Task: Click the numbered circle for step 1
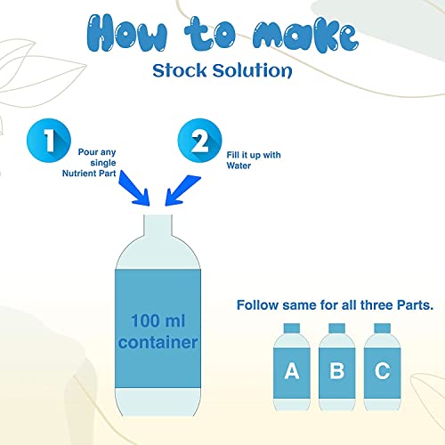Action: coord(49,141)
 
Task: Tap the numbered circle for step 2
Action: coord(199,141)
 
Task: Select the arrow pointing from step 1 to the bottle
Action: coord(134,188)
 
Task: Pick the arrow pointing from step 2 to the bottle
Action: coord(182,190)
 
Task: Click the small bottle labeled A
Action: coord(292,367)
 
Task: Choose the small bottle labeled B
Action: coord(337,367)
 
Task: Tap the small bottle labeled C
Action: coord(382,367)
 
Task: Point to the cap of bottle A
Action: coord(292,328)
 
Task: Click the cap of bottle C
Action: coord(382,328)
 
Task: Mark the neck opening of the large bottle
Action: coord(158,216)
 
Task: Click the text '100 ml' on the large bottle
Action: coord(158,320)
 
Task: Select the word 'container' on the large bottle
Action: coord(158,343)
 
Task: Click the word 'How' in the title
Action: coord(127,33)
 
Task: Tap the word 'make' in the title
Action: coord(305,36)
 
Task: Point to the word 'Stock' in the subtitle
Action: coord(180,70)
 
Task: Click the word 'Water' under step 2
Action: coord(239,166)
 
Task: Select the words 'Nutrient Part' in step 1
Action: coord(89,174)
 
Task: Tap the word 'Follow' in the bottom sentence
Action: coord(257,305)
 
